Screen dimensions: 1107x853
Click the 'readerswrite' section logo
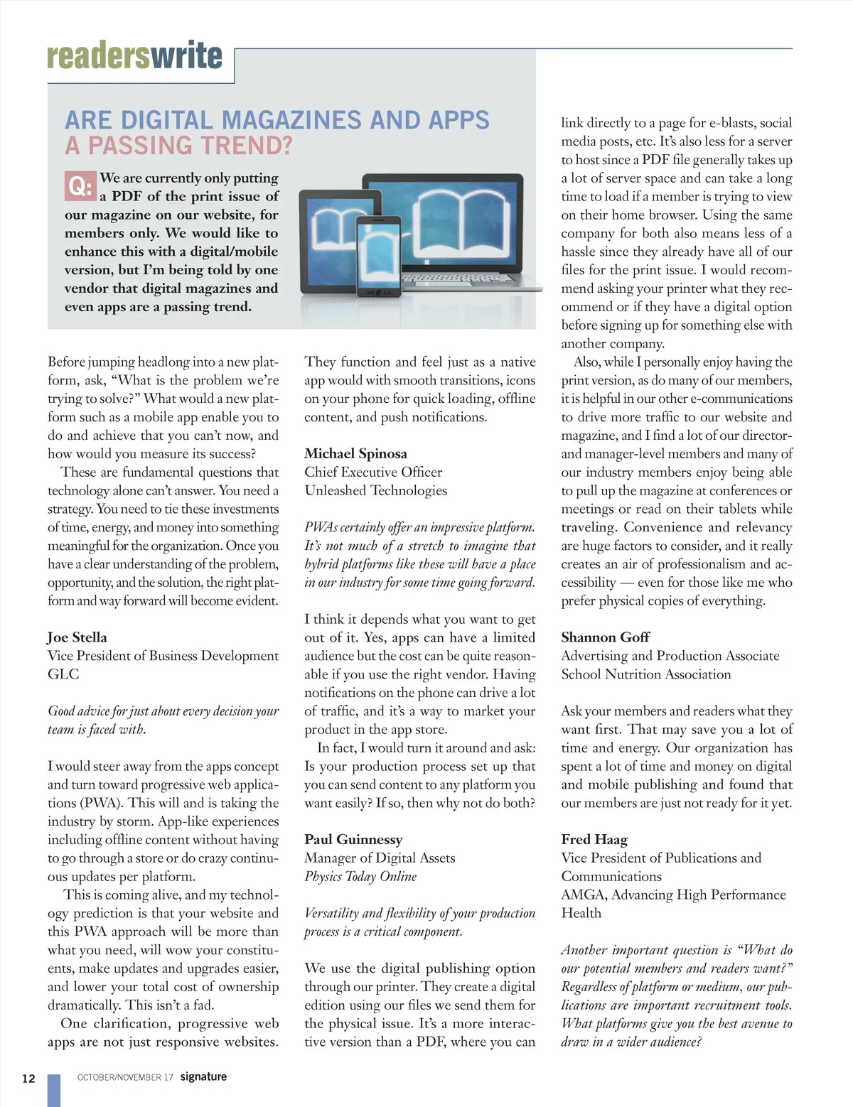pos(134,56)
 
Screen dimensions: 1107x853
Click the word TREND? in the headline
pos(247,146)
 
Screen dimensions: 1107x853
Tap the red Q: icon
pos(80,186)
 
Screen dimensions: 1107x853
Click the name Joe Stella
pos(77,637)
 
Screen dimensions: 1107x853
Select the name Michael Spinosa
pos(355,453)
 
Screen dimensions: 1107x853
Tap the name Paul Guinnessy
pos(353,839)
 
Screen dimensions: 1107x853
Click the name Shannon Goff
pos(605,637)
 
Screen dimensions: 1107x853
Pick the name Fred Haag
pos(594,839)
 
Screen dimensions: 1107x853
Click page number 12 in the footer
pos(28,1079)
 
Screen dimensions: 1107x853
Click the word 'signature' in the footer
pos(203,1076)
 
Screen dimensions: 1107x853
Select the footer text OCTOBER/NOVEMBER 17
pos(125,1077)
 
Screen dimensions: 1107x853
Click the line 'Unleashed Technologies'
pos(375,490)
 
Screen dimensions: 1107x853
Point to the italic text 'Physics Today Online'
pos(360,876)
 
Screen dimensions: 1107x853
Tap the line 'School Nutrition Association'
pos(645,674)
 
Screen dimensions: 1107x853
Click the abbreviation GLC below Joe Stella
pos(63,674)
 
